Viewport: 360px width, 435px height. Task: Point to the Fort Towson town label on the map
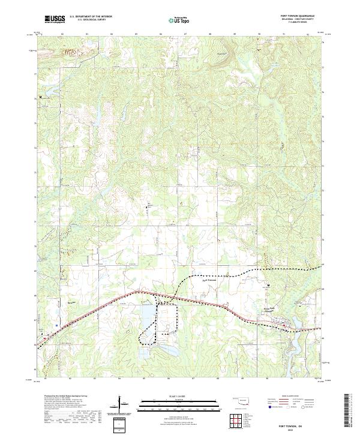pyautogui.click(x=208, y=280)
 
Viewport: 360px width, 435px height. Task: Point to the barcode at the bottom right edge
pyautogui.click(x=347, y=414)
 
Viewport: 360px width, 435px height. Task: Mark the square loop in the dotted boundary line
pyautogui.click(x=168, y=311)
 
